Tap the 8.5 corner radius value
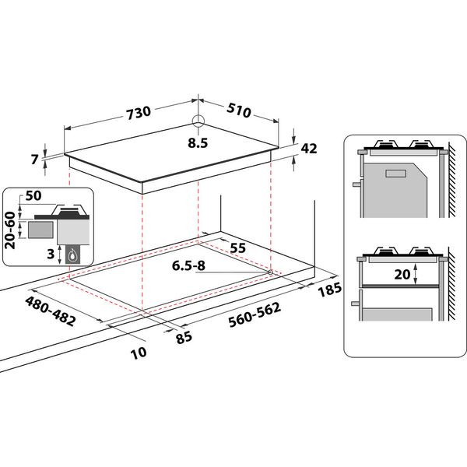(198, 143)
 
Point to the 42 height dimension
(309, 150)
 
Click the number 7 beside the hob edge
(34, 160)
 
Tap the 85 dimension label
(184, 338)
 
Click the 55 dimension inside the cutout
(238, 247)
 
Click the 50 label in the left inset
(33, 195)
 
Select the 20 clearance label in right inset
(401, 273)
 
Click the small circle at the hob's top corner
(198, 122)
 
